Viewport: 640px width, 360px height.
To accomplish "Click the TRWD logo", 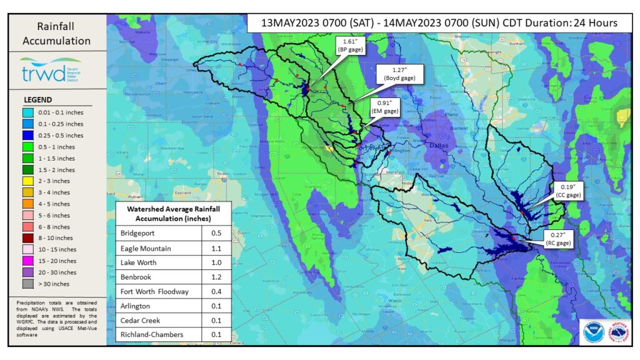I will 42,70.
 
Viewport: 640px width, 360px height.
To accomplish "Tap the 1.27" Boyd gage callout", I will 400,74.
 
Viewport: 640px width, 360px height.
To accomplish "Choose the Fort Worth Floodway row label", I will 154,291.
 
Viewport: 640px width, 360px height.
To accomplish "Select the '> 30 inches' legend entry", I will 53,284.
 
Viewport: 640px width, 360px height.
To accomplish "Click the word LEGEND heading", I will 37,100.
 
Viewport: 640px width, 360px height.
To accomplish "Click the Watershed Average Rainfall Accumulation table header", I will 174,213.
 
